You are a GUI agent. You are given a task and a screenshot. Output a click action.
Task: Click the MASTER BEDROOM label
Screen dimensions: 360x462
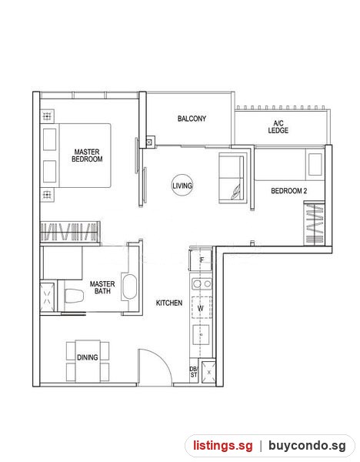pyautogui.click(x=87, y=156)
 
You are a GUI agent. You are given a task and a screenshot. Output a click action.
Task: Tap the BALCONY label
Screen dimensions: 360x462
pyautogui.click(x=192, y=119)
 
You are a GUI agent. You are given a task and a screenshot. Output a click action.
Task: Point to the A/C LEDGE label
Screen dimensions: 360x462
pyautogui.click(x=278, y=127)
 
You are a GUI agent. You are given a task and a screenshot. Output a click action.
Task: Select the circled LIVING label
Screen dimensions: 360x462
pyautogui.click(x=182, y=186)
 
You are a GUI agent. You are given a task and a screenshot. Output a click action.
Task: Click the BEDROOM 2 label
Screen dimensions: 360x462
pyautogui.click(x=288, y=191)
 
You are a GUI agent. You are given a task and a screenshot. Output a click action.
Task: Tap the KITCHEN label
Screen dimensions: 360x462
pyautogui.click(x=169, y=303)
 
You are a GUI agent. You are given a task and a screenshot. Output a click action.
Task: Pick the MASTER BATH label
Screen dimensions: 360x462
pyautogui.click(x=102, y=287)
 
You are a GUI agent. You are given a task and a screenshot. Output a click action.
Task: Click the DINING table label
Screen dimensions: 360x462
pyautogui.click(x=88, y=357)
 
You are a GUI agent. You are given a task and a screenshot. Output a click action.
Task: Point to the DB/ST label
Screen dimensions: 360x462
pyautogui.click(x=193, y=372)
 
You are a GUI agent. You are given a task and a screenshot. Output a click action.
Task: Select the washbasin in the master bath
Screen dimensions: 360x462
pyautogui.click(x=129, y=287)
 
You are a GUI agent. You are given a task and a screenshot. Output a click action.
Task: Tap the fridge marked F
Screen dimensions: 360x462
pyautogui.click(x=201, y=260)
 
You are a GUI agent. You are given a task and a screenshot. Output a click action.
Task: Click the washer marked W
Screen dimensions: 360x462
pyautogui.click(x=202, y=307)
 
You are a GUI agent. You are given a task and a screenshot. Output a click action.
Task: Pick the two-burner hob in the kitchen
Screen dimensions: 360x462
pyautogui.click(x=202, y=283)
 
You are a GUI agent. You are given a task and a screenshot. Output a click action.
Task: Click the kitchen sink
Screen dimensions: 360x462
pyautogui.click(x=201, y=335)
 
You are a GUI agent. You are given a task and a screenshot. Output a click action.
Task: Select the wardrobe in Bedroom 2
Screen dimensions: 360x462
pyautogui.click(x=314, y=223)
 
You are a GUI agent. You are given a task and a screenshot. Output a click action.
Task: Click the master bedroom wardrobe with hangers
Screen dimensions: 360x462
pyautogui.click(x=70, y=232)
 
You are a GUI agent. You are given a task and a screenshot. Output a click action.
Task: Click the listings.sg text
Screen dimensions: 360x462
pyautogui.click(x=223, y=445)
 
